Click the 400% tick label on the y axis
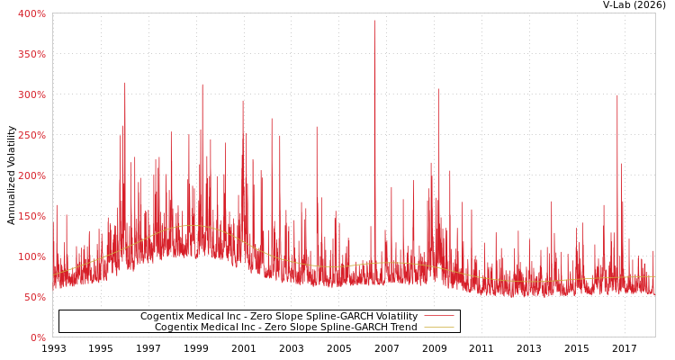(x=31, y=13)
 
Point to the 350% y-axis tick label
(x=31, y=54)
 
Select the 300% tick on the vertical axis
(x=31, y=94)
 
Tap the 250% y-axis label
(x=31, y=135)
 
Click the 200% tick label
(x=31, y=175)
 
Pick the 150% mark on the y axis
(x=31, y=216)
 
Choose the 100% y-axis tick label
(x=31, y=256)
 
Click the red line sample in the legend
(x=438, y=317)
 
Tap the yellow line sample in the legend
(x=438, y=328)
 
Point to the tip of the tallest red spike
(x=375, y=21)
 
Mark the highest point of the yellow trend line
(x=191, y=226)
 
